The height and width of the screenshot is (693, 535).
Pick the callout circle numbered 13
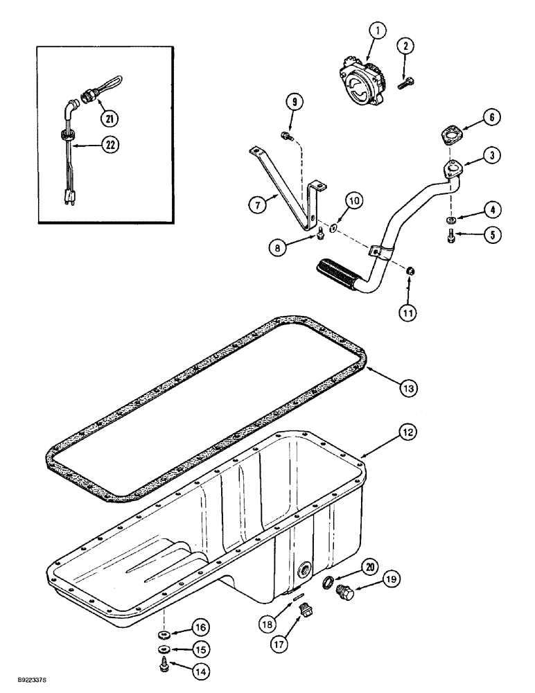(x=408, y=389)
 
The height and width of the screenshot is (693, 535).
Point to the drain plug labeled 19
(x=343, y=591)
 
